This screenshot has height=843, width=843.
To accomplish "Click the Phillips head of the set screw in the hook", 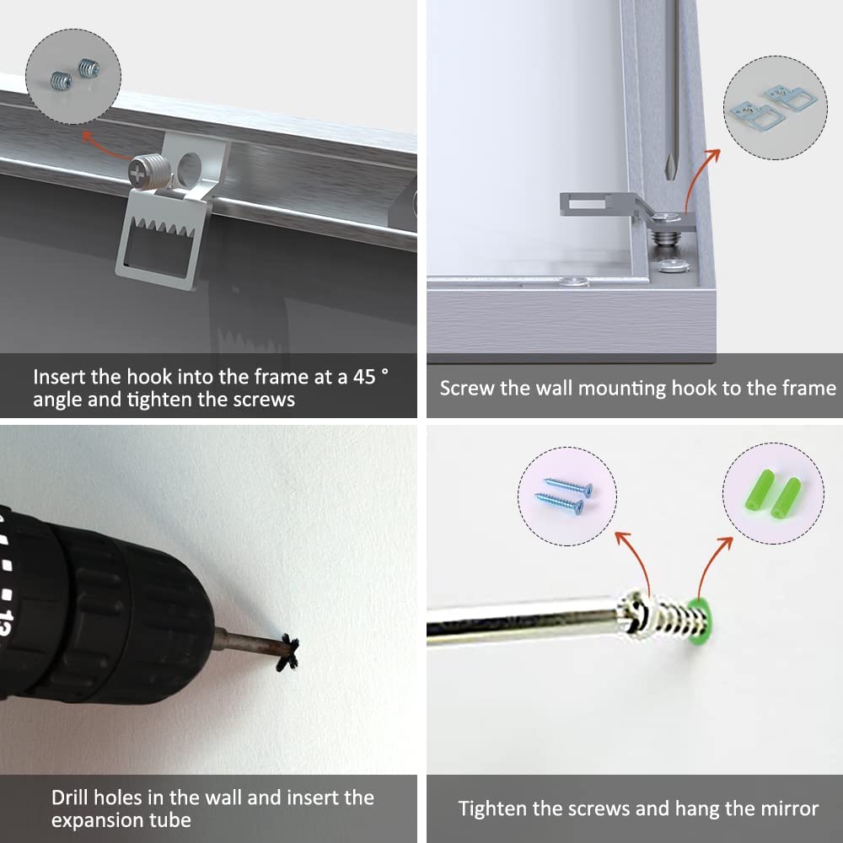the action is click(x=138, y=175).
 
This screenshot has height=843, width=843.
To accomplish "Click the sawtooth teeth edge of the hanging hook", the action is click(x=161, y=225).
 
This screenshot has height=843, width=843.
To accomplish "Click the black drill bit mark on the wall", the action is click(x=287, y=652).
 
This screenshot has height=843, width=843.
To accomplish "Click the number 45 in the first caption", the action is click(x=364, y=377).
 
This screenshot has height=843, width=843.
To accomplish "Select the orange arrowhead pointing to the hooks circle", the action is click(x=713, y=155).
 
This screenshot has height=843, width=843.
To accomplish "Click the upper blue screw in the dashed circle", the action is click(x=568, y=486).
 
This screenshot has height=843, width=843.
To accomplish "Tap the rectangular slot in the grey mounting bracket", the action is click(x=587, y=204).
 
